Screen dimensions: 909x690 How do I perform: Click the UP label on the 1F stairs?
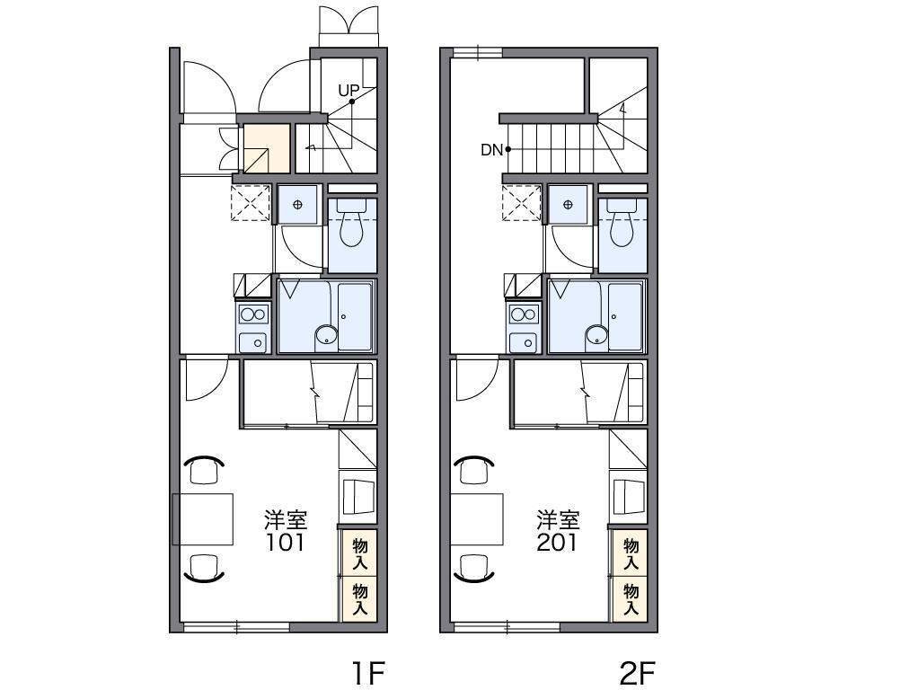coord(349,91)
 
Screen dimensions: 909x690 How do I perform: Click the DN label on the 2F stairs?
coord(491,150)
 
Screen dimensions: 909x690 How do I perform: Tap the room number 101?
coord(286,543)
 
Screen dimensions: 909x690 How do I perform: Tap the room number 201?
coord(557,543)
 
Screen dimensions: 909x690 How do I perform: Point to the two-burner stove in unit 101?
coord(253,314)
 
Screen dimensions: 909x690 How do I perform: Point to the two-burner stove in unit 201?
coord(524,314)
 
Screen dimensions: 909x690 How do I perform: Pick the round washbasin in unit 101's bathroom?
coord(326,335)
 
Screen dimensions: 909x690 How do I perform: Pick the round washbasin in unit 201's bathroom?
coord(596,335)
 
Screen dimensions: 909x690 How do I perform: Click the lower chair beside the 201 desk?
coord(474,568)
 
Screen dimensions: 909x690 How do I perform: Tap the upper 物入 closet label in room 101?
coord(360,553)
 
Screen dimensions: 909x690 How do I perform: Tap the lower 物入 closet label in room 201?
coord(631,599)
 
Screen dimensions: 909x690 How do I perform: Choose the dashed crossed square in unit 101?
coord(251,203)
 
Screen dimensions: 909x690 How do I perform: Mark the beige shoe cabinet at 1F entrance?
coord(266,148)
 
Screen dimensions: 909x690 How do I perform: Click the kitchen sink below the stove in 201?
coord(524,342)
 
